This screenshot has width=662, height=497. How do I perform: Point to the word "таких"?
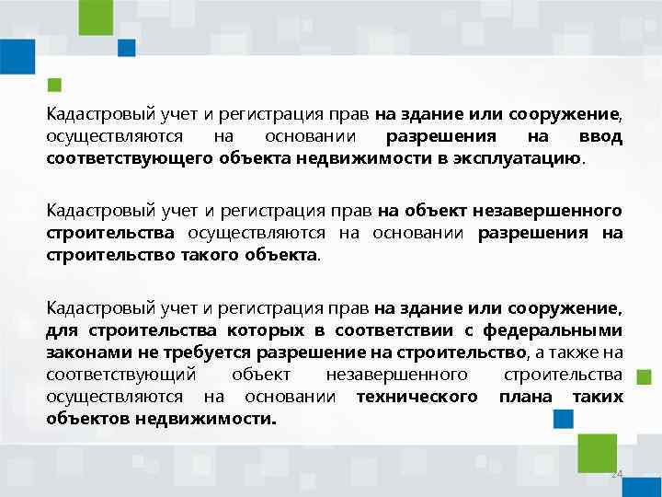pyautogui.click(x=597, y=396)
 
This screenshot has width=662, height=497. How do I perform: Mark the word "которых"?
pyautogui.click(x=264, y=330)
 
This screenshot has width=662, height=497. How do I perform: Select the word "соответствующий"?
pyautogui.click(x=120, y=374)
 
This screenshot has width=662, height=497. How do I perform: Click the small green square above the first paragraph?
pyautogui.click(x=54, y=85)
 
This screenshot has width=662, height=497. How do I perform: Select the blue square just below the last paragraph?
pyautogui.click(x=563, y=420)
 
